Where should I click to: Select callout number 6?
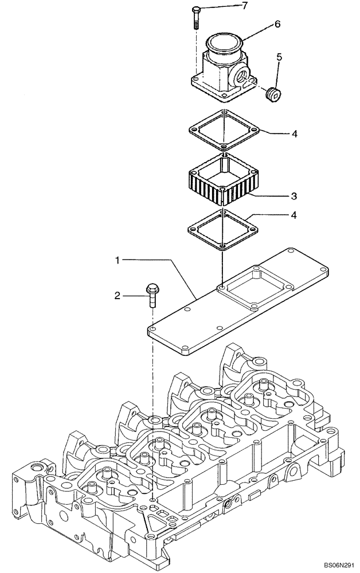point(277,24)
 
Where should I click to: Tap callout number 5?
point(279,57)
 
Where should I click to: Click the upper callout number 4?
point(294,134)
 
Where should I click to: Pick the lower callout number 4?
point(294,216)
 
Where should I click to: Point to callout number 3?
point(293,196)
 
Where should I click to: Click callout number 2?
point(117,296)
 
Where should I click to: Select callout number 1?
point(117,260)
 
